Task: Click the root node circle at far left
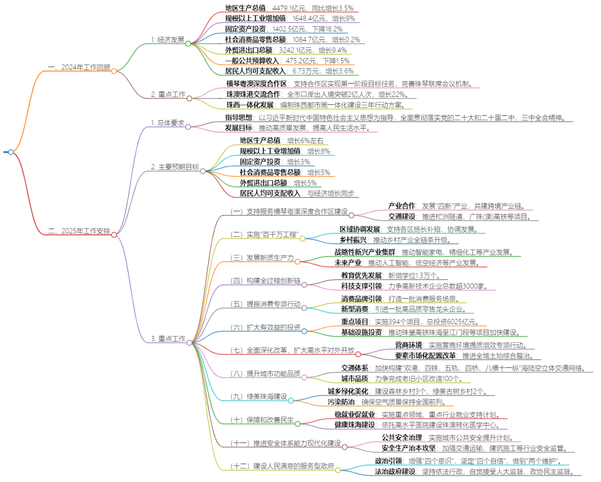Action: (x=11, y=152)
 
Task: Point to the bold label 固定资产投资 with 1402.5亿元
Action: (x=245, y=29)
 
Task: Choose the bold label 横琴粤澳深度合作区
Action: (x=257, y=84)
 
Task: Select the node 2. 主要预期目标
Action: (x=175, y=167)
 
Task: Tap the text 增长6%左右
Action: (x=305, y=140)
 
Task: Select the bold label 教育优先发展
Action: (x=362, y=275)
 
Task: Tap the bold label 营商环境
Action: (x=408, y=345)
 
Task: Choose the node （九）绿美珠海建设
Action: (x=258, y=397)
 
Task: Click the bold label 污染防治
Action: (x=342, y=402)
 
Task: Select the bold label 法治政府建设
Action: (x=395, y=471)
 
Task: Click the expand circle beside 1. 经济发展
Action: (x=189, y=44)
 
